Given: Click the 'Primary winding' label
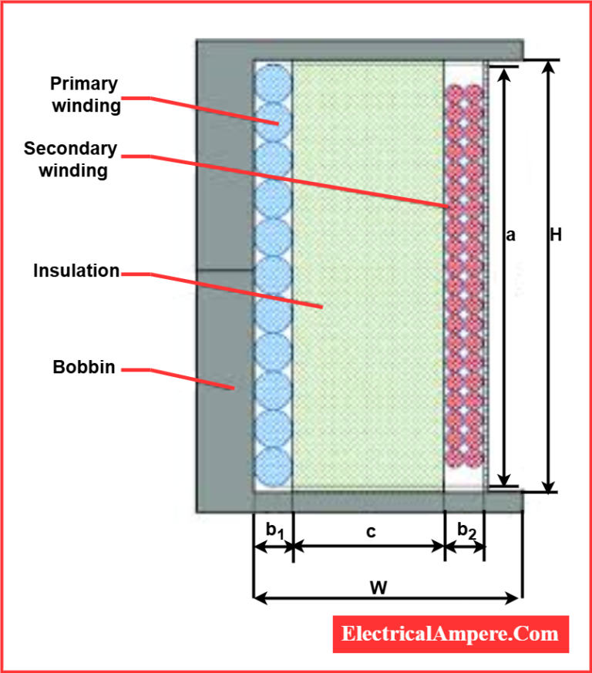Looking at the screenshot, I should [86, 95].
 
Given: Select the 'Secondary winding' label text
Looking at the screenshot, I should [70, 160].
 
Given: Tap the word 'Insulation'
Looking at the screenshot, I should [76, 271].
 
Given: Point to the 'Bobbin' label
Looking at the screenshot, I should [83, 367].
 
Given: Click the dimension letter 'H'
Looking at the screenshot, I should [555, 235].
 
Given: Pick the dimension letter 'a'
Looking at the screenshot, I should [510, 235].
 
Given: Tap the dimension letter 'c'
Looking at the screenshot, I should [370, 531].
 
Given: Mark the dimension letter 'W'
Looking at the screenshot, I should [378, 587].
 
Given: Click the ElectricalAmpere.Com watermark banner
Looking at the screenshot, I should [450, 634].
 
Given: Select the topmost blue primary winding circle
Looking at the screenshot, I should [273, 82].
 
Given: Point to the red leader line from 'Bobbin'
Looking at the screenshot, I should [185, 378].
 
